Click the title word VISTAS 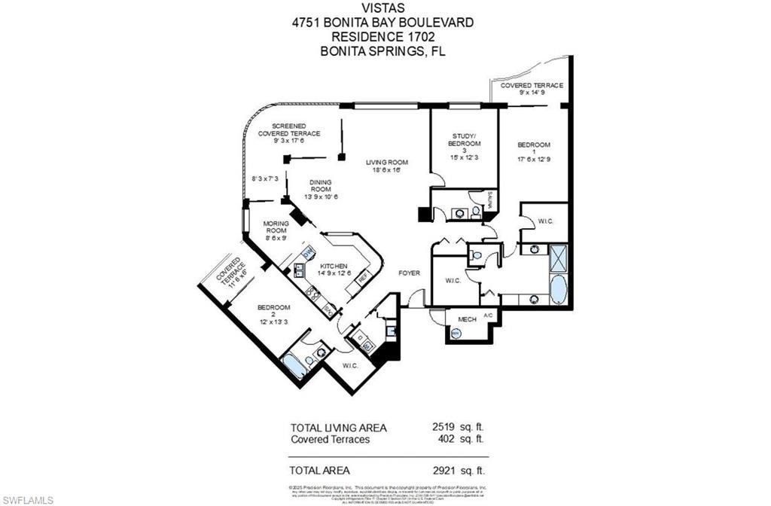coord(383,8)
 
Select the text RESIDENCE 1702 coord(383,36)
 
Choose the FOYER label coord(410,273)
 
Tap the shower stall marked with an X coord(558,258)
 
